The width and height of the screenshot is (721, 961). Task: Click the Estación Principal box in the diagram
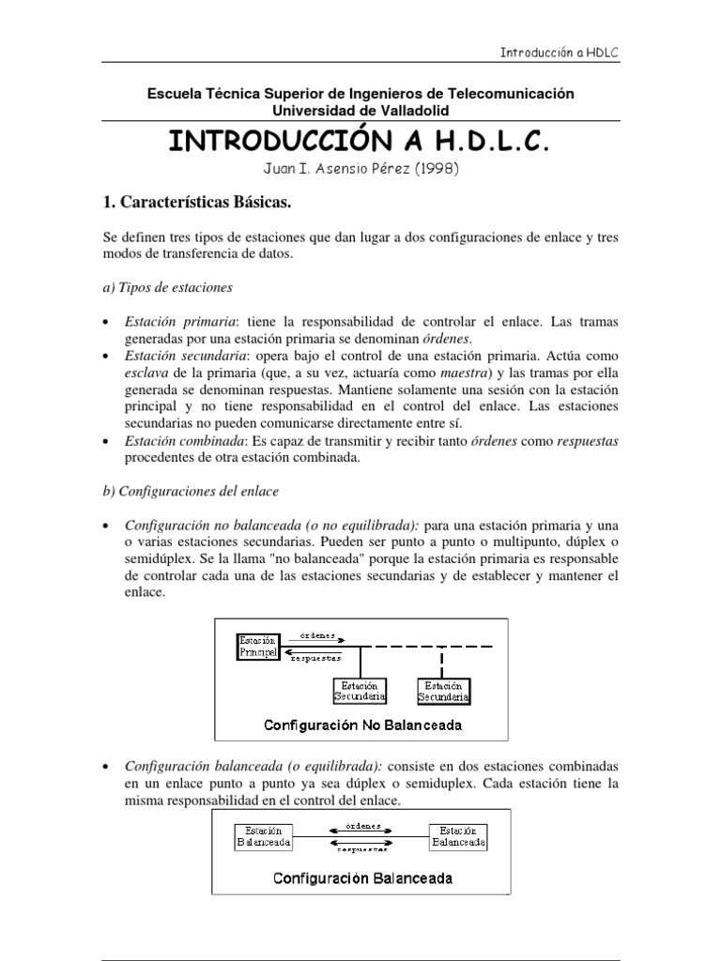point(259,646)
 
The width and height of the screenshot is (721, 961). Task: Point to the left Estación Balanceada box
point(263,836)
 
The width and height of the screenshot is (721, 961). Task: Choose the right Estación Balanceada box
point(459,836)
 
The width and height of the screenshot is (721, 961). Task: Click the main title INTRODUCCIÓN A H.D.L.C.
point(356,142)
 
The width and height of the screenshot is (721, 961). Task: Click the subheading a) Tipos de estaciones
point(167,286)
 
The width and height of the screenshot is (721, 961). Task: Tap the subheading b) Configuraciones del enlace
point(191,491)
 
